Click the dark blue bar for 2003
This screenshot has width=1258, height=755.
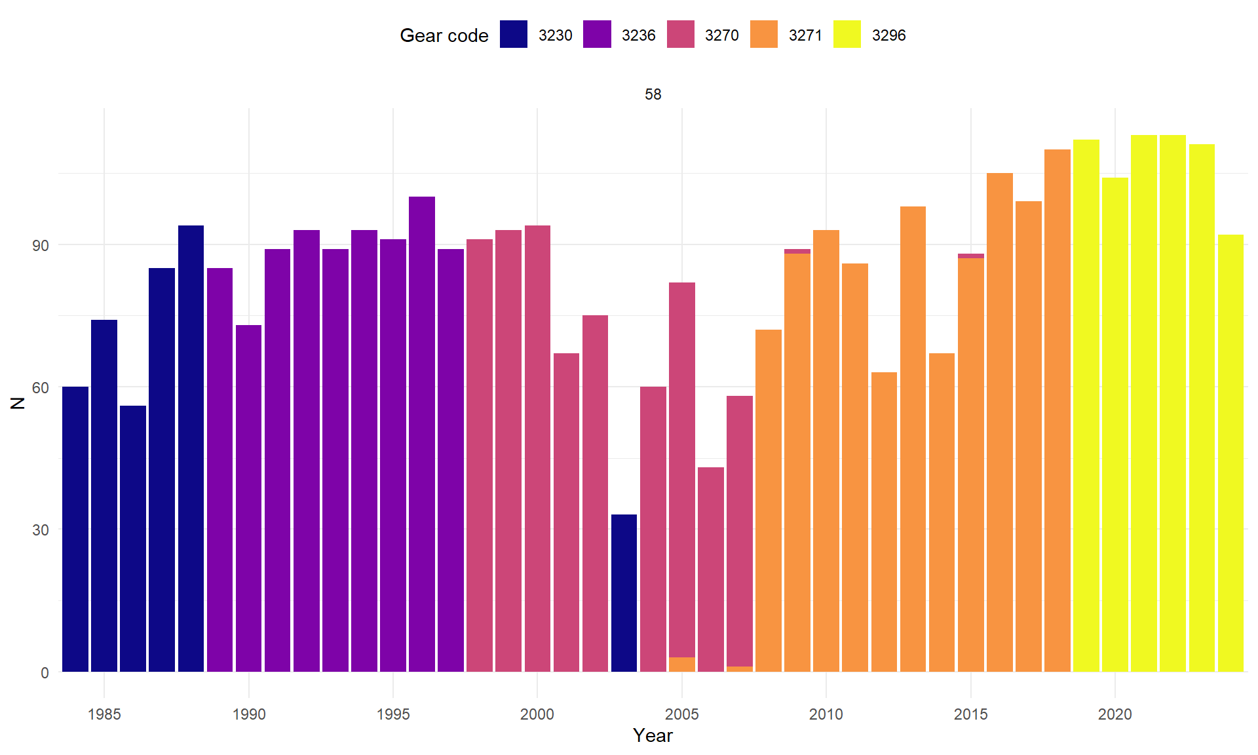point(624,593)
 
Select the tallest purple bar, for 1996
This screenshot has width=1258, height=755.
point(421,433)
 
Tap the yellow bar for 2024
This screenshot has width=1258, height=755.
point(1230,452)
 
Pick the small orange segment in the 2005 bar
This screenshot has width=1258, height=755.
point(681,665)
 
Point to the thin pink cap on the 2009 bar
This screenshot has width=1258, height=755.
point(797,251)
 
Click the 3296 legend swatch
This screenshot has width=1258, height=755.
point(847,35)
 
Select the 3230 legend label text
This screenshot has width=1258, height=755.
point(555,35)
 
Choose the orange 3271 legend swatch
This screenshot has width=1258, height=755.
point(763,35)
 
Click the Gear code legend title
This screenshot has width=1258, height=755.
point(444,35)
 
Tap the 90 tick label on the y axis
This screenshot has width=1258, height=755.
point(41,246)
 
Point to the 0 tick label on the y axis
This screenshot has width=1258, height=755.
point(45,672)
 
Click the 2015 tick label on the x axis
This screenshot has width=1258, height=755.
point(970,714)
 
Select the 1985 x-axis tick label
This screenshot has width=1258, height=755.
point(104,714)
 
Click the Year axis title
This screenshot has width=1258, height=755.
point(653,735)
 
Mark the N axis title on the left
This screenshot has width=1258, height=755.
point(18,403)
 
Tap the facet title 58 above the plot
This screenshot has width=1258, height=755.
point(653,94)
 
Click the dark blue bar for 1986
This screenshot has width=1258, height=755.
point(133,537)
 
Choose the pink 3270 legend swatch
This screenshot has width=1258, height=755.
point(680,35)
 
